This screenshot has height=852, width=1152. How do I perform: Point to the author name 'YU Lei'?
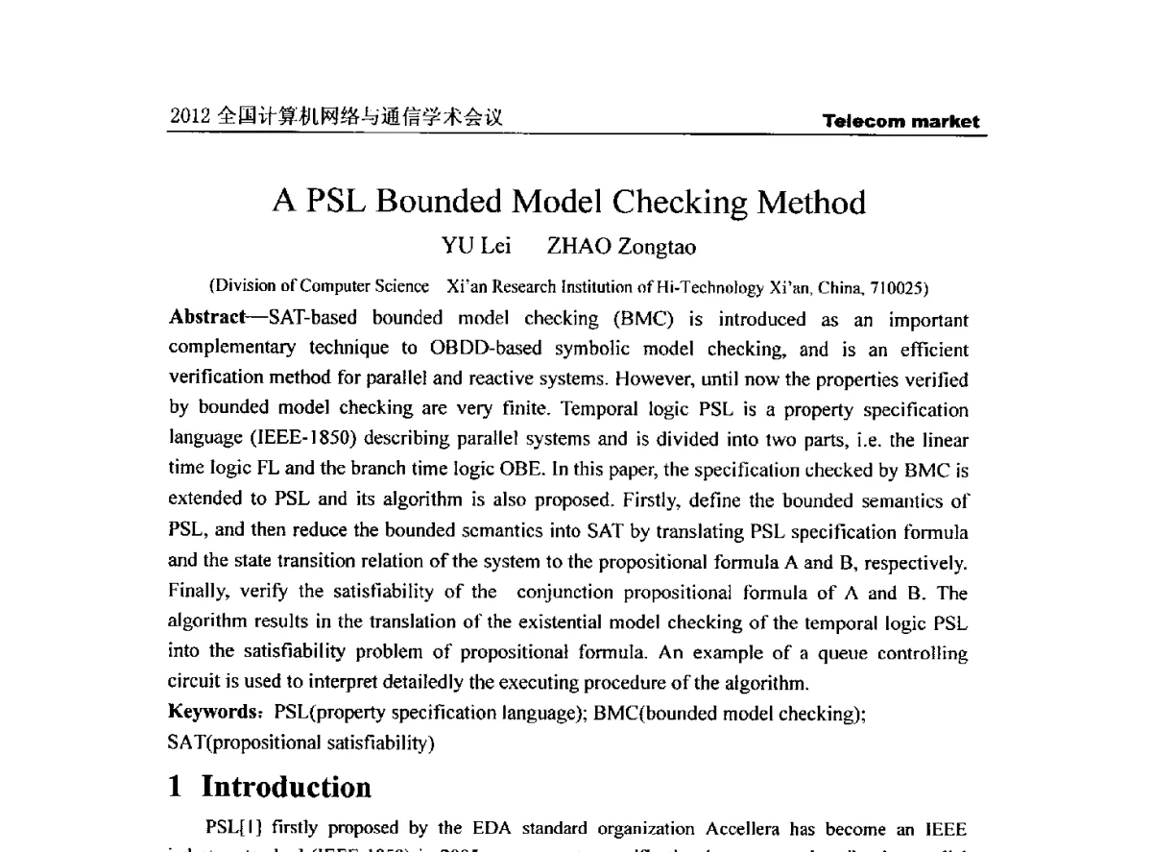[x=475, y=248]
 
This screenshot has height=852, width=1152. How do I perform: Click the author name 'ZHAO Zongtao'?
[x=621, y=248]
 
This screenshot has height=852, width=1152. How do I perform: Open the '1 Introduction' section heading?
[x=270, y=788]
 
